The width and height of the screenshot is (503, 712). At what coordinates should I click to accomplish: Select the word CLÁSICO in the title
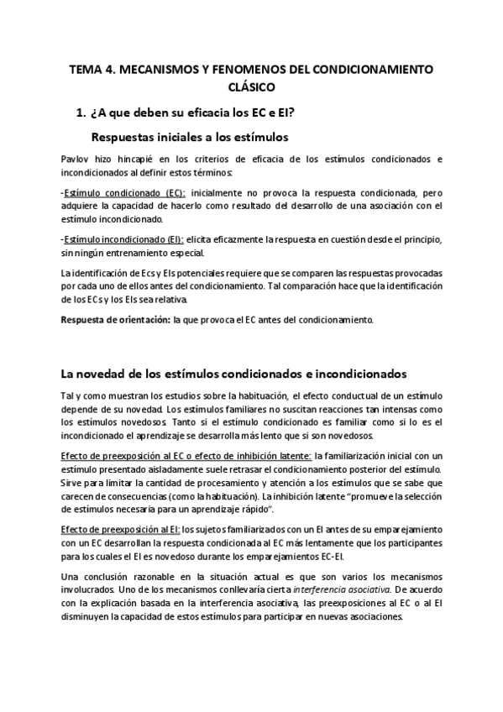click(x=251, y=87)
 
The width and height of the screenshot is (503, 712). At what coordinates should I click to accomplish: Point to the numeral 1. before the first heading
click(x=81, y=112)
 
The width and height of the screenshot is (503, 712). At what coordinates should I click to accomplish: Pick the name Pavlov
click(x=76, y=159)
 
